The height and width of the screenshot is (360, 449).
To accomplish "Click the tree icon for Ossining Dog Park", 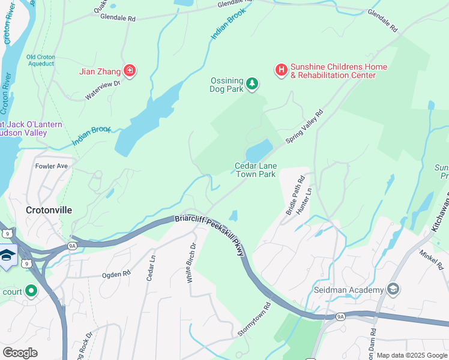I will [x=253, y=83].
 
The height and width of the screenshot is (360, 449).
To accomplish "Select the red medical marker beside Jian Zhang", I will [x=128, y=71].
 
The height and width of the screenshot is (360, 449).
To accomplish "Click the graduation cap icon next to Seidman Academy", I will [x=393, y=290].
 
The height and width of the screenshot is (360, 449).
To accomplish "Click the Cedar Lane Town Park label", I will [x=255, y=170].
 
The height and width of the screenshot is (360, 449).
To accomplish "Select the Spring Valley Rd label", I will [x=304, y=127].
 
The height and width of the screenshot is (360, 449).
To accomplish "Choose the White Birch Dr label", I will [x=190, y=263].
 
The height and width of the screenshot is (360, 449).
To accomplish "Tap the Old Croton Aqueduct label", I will [x=41, y=61].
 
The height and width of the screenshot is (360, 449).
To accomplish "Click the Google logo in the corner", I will [x=20, y=353].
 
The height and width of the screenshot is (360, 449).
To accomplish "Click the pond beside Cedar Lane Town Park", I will [x=259, y=148].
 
